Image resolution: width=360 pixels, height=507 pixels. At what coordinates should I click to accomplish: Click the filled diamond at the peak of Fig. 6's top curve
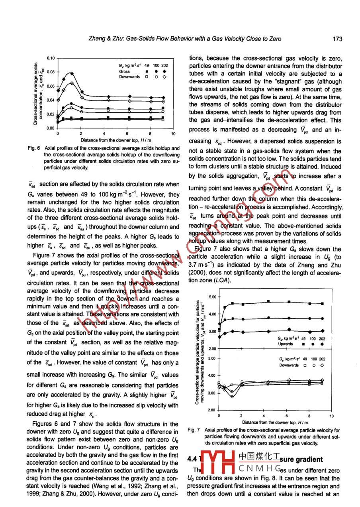tap(72, 73)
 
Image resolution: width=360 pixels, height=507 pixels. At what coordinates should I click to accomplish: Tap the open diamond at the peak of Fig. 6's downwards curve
tap(72, 83)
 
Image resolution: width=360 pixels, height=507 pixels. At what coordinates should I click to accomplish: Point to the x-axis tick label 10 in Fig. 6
tap(173, 134)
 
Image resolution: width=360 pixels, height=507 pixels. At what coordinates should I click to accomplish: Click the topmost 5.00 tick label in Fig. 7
tap(212, 297)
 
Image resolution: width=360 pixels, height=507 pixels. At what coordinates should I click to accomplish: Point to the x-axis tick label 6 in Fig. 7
tap(287, 416)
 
